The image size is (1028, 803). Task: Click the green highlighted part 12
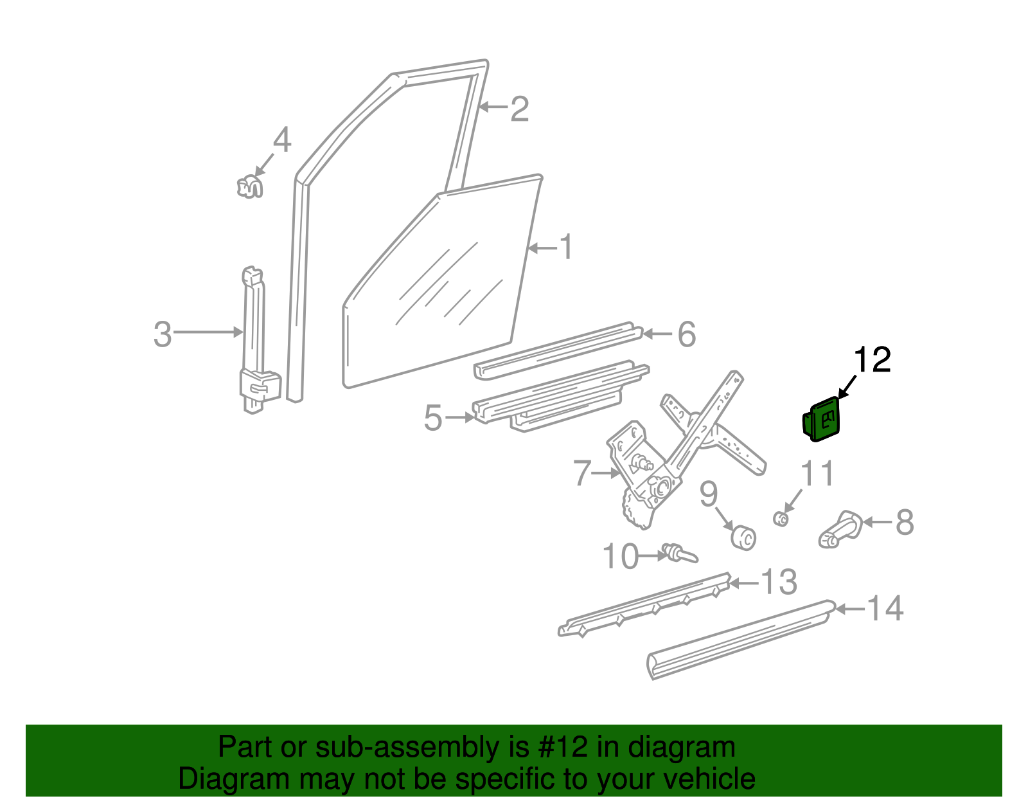pyautogui.click(x=822, y=420)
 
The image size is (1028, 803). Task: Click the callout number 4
pyautogui.click(x=282, y=140)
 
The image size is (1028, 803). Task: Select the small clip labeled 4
pyautogui.click(x=249, y=187)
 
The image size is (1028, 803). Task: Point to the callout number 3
pyautogui.click(x=163, y=335)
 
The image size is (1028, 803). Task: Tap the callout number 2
pyautogui.click(x=519, y=109)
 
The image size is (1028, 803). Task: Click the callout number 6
pyautogui.click(x=687, y=334)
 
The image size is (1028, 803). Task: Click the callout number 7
pyautogui.click(x=581, y=474)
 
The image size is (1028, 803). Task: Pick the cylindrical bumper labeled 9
pyautogui.click(x=745, y=537)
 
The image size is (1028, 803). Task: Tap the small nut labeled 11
pyautogui.click(x=781, y=518)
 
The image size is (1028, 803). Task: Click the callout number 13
pyautogui.click(x=779, y=582)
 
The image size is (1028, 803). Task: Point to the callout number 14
pyautogui.click(x=885, y=608)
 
